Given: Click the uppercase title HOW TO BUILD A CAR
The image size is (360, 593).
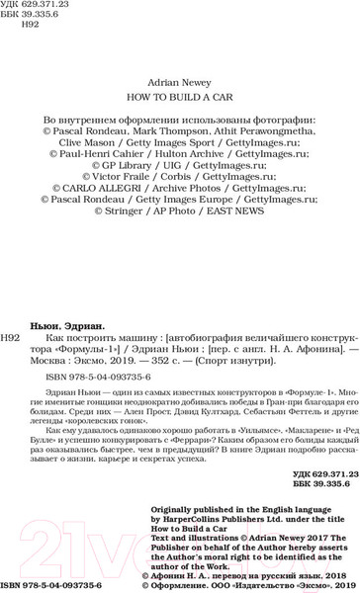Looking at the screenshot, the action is (180, 100).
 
